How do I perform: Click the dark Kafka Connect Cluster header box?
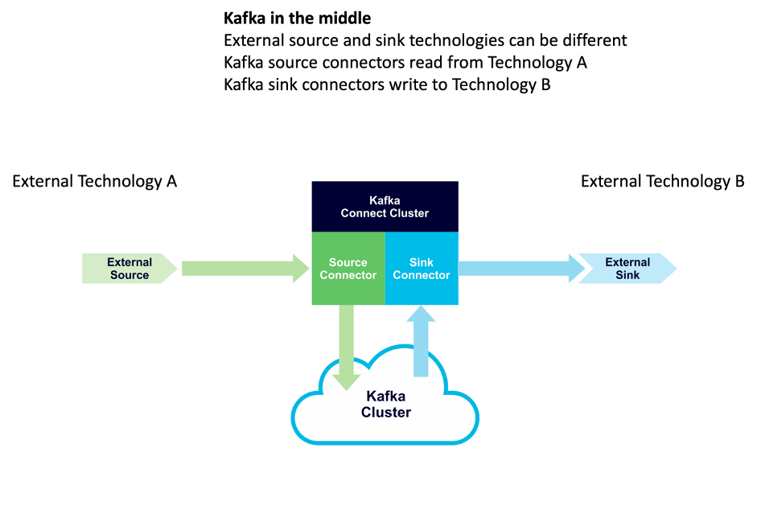click(x=385, y=207)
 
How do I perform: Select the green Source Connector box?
click(x=348, y=269)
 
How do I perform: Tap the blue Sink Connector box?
click(x=422, y=269)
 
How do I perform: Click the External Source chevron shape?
click(x=130, y=269)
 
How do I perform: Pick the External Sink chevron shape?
click(x=627, y=269)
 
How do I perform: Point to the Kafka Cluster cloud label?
click(x=386, y=405)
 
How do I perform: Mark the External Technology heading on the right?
click(x=656, y=181)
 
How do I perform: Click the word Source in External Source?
click(x=130, y=275)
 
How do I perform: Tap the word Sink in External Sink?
click(x=627, y=275)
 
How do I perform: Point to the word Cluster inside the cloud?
click(x=386, y=413)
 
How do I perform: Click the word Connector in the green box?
click(x=348, y=275)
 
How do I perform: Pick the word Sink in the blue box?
click(x=422, y=262)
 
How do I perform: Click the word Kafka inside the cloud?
click(x=386, y=396)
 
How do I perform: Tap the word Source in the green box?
click(x=348, y=262)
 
